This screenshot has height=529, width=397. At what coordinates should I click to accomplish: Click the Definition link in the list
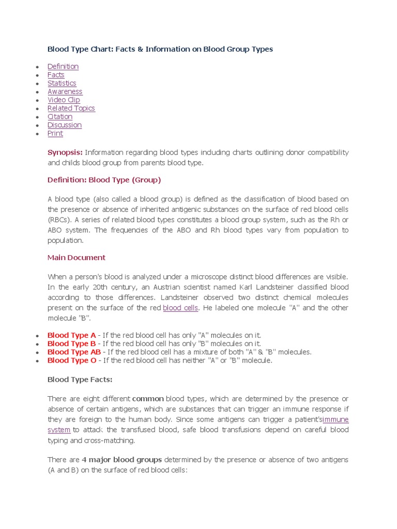63,67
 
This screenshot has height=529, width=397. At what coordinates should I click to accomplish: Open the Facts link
56,75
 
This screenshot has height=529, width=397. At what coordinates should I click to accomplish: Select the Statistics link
62,83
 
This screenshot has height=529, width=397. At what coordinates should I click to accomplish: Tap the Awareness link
65,91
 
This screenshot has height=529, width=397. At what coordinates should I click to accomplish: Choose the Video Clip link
64,100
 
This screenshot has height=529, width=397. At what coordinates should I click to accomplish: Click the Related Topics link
71,108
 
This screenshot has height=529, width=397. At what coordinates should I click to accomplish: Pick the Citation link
60,117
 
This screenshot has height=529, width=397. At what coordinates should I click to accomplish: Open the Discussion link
65,125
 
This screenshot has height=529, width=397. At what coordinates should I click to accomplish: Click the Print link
55,133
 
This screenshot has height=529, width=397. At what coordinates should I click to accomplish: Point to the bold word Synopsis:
65,152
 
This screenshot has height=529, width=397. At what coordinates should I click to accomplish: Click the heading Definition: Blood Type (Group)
104,180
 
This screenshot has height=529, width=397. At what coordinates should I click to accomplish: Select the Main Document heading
77,258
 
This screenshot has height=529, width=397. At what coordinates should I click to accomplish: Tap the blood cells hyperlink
180,308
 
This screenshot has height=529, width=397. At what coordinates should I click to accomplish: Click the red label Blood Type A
68,335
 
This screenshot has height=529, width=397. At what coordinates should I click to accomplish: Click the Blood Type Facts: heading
80,380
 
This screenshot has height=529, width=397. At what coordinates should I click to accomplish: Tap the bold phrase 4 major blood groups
122,460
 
